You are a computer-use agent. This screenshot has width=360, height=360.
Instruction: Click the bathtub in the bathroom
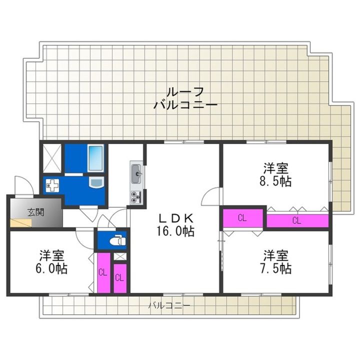pos(95,158)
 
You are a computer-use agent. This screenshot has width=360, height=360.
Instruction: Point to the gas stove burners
pos(136,197)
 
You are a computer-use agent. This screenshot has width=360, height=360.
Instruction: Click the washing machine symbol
pos(52,185)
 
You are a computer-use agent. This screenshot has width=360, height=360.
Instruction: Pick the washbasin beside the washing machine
pos(96,183)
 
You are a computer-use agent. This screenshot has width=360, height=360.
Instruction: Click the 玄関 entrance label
pos(36,212)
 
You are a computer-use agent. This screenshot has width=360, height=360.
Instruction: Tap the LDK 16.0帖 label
pos(176,225)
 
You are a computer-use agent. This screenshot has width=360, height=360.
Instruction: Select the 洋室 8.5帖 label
pos(275,174)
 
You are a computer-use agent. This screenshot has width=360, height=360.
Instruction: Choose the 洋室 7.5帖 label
pos(275,262)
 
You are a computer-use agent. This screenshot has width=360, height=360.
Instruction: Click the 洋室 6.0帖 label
pos(51,261)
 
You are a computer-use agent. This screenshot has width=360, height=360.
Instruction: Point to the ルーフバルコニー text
pos(185,98)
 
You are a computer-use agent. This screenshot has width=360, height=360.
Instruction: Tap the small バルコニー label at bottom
pos(169,305)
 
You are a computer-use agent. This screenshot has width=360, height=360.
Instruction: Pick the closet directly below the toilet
pos(120,278)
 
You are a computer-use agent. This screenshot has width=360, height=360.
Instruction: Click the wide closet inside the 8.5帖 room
pos(297,221)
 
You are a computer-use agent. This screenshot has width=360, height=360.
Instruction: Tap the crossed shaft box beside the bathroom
pos(52,158)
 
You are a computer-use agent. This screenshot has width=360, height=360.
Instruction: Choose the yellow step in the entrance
pos(20,223)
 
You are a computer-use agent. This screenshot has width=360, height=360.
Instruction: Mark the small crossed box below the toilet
pos(120,256)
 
